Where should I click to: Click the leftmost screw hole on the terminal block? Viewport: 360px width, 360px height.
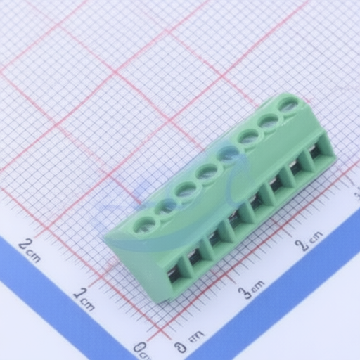[143, 224]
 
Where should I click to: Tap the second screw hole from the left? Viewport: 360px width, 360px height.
[165, 207]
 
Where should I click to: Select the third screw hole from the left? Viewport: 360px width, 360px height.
[186, 190]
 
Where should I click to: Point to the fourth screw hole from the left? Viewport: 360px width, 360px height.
[207, 172]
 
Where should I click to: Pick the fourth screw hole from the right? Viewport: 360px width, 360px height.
[228, 155]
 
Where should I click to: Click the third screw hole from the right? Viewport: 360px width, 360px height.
[248, 138]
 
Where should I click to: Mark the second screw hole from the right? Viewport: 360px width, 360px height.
[269, 122]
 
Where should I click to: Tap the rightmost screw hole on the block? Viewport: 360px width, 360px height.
[290, 105]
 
